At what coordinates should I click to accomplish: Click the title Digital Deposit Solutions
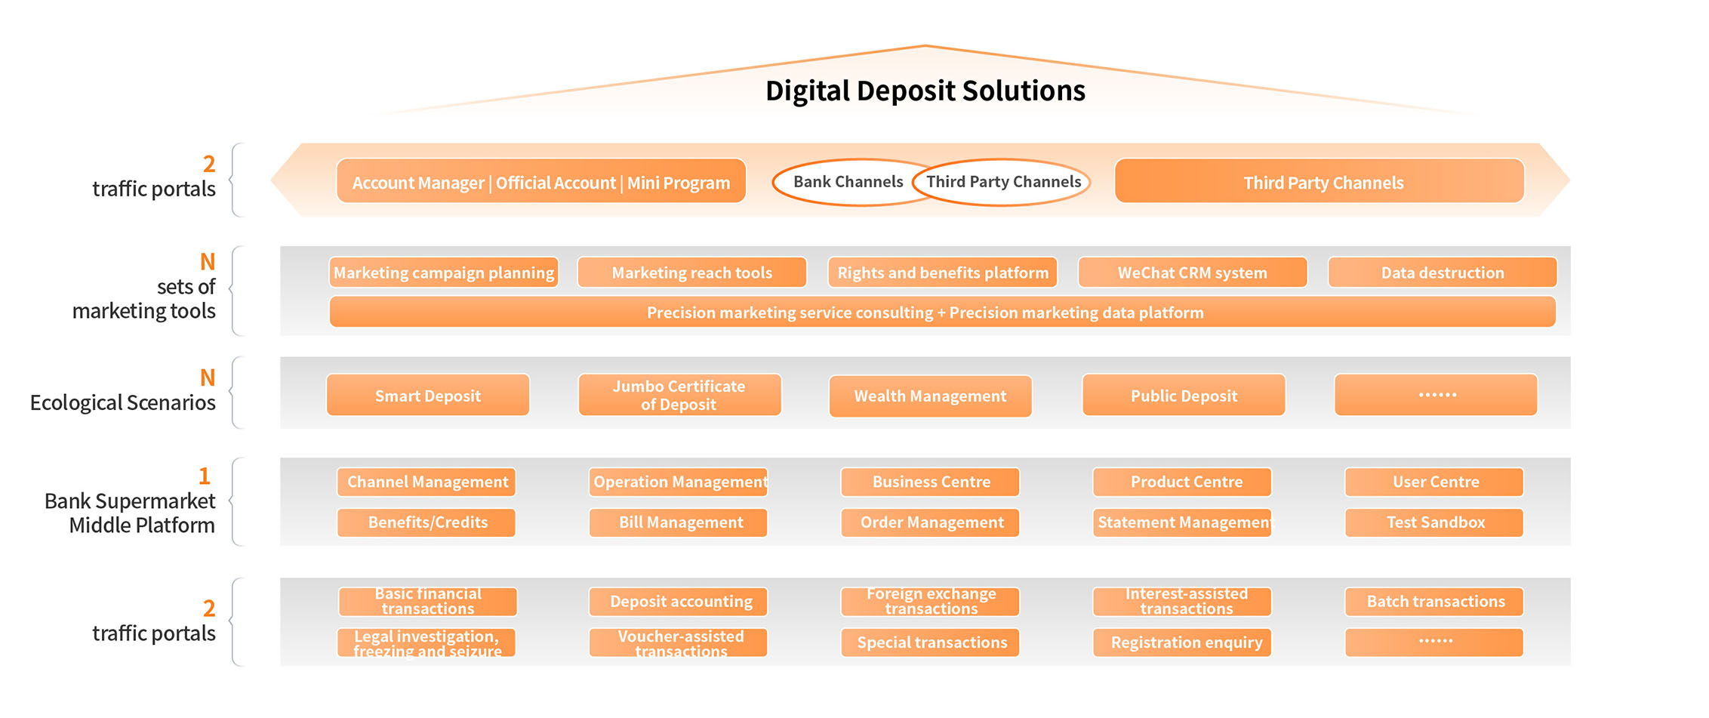(925, 91)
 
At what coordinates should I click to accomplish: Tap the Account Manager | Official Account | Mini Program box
(540, 182)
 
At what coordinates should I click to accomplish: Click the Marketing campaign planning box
(444, 273)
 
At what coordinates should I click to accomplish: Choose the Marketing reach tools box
(691, 273)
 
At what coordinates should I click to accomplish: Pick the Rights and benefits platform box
(942, 273)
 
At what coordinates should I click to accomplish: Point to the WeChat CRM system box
(1192, 273)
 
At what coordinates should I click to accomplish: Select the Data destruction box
(1442, 273)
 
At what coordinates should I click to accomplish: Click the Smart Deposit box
(427, 396)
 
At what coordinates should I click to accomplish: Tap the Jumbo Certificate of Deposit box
(679, 396)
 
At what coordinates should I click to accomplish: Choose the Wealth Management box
(930, 396)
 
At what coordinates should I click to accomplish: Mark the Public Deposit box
(1183, 396)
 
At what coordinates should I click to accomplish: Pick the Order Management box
(931, 522)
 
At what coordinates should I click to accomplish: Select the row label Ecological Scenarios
(123, 403)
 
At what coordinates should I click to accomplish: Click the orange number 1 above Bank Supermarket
(204, 476)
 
